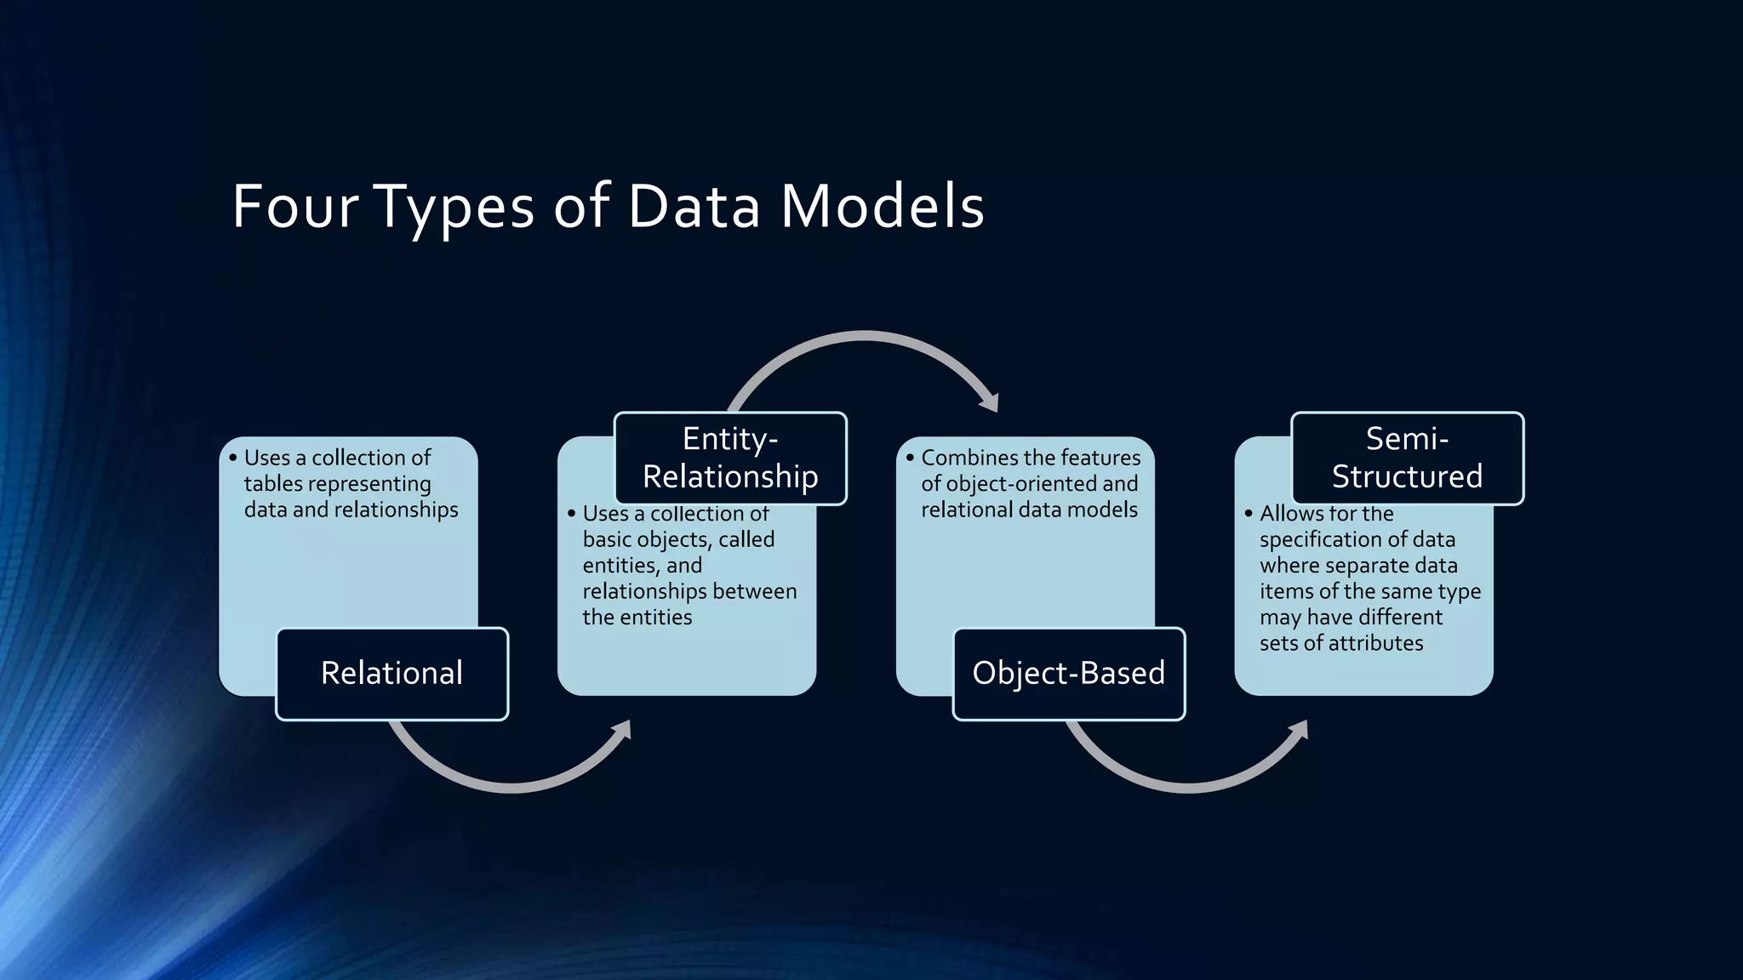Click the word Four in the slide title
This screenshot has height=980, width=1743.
click(x=294, y=206)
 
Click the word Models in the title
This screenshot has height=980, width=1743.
click(x=883, y=206)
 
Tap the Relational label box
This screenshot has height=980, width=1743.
click(x=391, y=674)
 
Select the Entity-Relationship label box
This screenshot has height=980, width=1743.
click(x=730, y=459)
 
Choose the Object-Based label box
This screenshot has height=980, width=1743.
click(x=1068, y=674)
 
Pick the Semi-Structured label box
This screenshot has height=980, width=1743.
click(x=1407, y=459)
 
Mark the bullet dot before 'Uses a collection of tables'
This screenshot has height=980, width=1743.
click(x=232, y=458)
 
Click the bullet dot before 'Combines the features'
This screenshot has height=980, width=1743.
click(x=910, y=458)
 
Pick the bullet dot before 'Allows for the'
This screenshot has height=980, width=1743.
click(x=1249, y=514)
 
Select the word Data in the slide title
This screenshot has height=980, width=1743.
click(x=694, y=206)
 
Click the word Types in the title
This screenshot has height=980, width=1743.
click(x=454, y=206)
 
